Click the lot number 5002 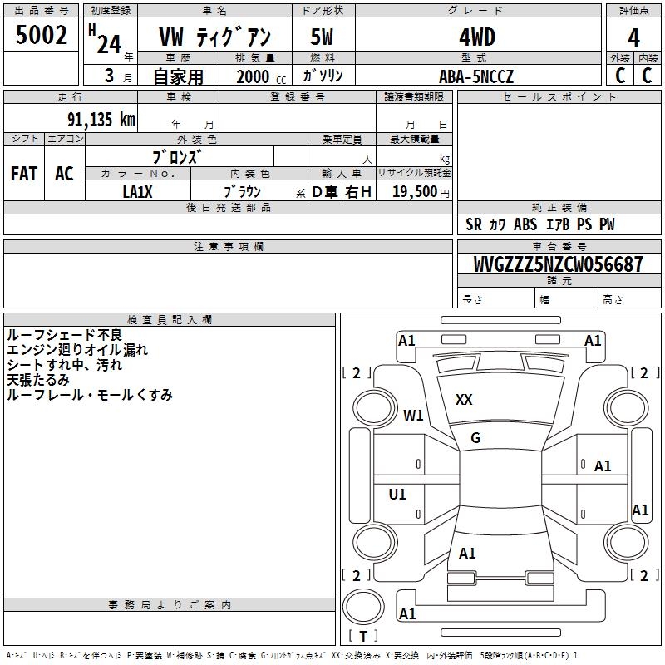[x=42, y=37]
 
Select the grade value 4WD [x=477, y=37]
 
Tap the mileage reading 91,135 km [x=101, y=120]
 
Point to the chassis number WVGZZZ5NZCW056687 [x=559, y=264]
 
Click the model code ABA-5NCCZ [x=477, y=76]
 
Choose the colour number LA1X [x=137, y=191]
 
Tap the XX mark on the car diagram [x=464, y=400]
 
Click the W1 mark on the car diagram [x=413, y=415]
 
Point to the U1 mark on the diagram [x=397, y=495]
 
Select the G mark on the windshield [x=475, y=438]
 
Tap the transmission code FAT [x=23, y=174]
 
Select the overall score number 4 [x=634, y=37]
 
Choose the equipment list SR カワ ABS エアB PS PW [x=540, y=224]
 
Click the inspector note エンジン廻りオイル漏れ [x=76, y=350]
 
